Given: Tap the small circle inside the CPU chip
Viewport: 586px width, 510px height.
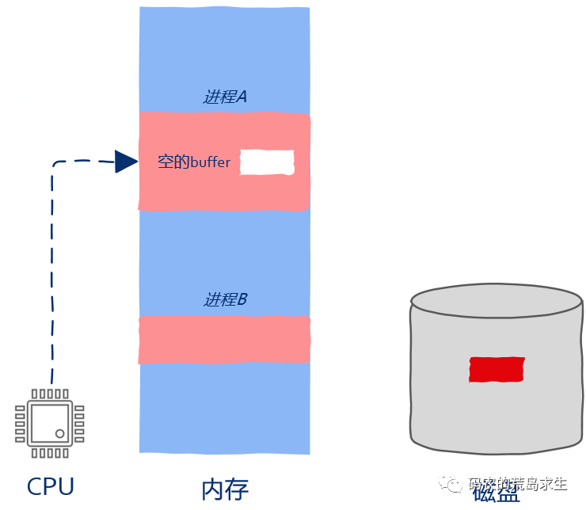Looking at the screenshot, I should point(59,433).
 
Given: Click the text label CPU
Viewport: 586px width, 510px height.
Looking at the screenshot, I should point(50,485).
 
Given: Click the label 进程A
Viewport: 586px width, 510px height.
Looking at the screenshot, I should point(226,97).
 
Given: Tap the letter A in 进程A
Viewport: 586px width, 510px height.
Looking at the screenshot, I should point(242,97).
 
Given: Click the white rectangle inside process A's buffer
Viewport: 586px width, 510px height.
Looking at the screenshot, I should point(267,162).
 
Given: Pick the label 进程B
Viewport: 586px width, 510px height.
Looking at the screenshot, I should point(226,299).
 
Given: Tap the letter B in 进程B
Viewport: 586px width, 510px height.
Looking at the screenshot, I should point(242,299).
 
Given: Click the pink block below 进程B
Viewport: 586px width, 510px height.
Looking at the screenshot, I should point(224,340).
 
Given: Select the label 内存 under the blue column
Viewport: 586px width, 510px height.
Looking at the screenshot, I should point(226,488).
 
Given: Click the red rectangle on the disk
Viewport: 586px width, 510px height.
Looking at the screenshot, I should point(497,369).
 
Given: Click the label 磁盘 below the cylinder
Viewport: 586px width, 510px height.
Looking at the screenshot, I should point(497,493).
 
